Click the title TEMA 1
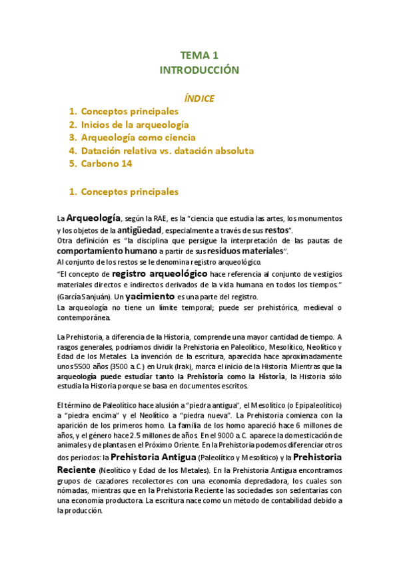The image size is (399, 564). (x=199, y=55)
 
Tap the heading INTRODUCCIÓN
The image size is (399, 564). (x=199, y=70)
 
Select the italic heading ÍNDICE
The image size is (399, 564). (x=199, y=98)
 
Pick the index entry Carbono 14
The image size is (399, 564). (x=106, y=164)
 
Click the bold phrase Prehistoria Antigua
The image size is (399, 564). (x=153, y=458)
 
